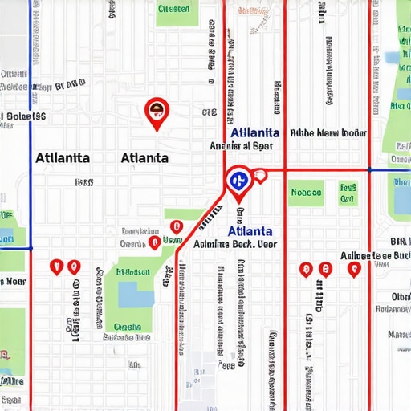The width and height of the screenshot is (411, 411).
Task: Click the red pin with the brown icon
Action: click(156, 112)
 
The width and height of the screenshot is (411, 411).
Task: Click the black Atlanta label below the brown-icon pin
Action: click(144, 157)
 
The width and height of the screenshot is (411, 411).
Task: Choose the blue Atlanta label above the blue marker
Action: click(254, 132)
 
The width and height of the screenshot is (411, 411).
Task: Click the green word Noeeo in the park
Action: click(306, 193)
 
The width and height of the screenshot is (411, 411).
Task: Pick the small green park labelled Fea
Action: click(347, 193)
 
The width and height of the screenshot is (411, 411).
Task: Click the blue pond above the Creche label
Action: click(136, 297)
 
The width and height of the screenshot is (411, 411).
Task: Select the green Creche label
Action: click(128, 327)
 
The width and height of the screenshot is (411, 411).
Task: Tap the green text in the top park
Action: click(173, 10)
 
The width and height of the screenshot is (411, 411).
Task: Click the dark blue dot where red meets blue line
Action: click(368, 170)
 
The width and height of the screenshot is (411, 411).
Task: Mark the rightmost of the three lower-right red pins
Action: click(353, 269)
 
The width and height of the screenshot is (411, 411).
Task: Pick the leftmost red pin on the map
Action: click(55, 266)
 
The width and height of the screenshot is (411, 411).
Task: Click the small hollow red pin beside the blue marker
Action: click(259, 175)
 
